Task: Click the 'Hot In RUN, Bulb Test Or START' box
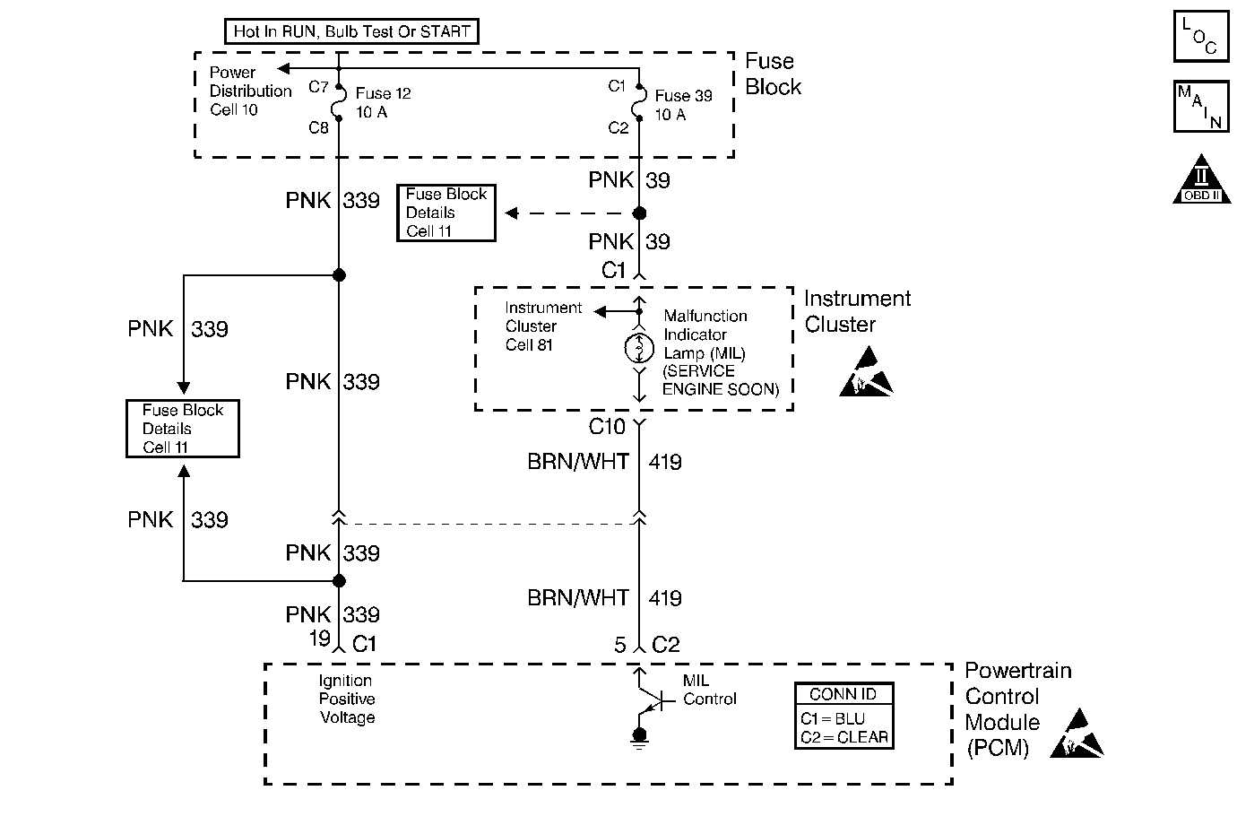click(x=351, y=31)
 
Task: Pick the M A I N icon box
click(x=1200, y=107)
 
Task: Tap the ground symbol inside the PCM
click(x=639, y=737)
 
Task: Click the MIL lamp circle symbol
click(x=639, y=346)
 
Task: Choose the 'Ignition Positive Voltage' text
click(x=347, y=699)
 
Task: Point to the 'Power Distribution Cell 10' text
click(x=250, y=91)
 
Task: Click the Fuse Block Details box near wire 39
click(x=446, y=213)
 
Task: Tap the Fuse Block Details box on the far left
click(x=183, y=429)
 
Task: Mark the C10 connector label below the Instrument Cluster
click(x=607, y=426)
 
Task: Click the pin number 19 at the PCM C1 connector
click(x=320, y=639)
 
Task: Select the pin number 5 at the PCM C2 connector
click(x=620, y=645)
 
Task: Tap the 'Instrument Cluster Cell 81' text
click(x=542, y=326)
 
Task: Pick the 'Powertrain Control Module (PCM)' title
click(x=1016, y=709)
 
